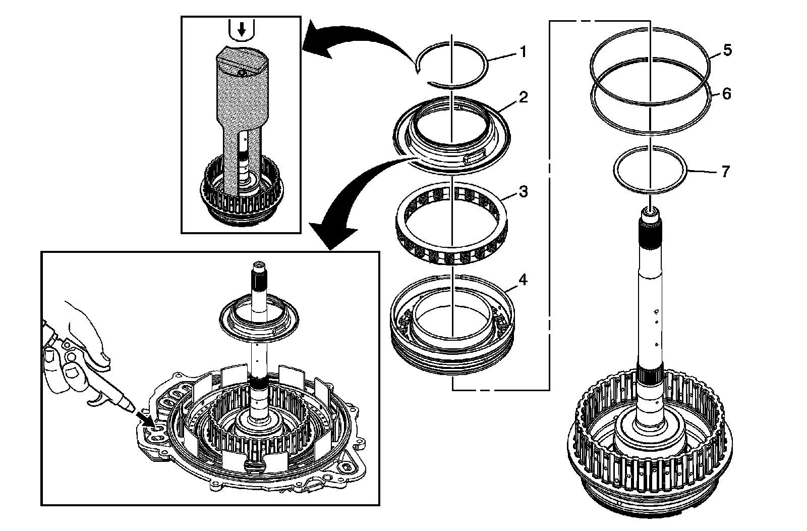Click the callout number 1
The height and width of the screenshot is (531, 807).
[x=524, y=52]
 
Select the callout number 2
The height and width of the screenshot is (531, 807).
[x=524, y=97]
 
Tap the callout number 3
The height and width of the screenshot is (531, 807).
[x=524, y=192]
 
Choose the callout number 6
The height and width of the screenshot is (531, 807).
[x=727, y=94]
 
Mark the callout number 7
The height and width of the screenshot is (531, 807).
[x=726, y=172]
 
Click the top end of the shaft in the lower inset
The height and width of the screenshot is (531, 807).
[x=259, y=265]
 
